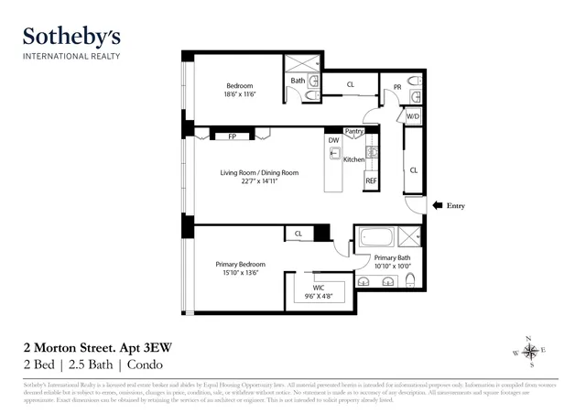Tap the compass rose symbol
click(x=528, y=353)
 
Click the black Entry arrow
click(x=438, y=206)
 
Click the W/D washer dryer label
click(x=413, y=117)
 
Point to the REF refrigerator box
click(x=371, y=181)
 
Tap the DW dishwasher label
click(x=334, y=141)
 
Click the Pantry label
click(x=354, y=131)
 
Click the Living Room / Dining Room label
click(x=249, y=172)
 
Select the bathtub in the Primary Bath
click(x=376, y=237)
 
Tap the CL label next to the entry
click(x=414, y=169)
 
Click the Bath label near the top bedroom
click(x=298, y=81)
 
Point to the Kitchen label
click(x=353, y=159)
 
